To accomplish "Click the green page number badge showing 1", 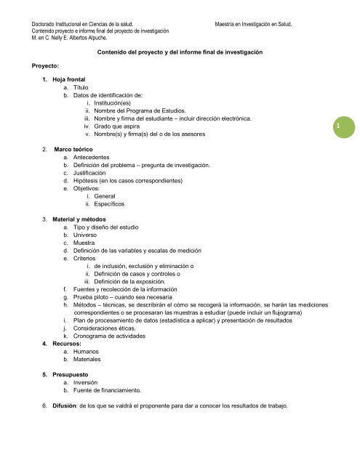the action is pyautogui.click(x=337, y=127).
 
